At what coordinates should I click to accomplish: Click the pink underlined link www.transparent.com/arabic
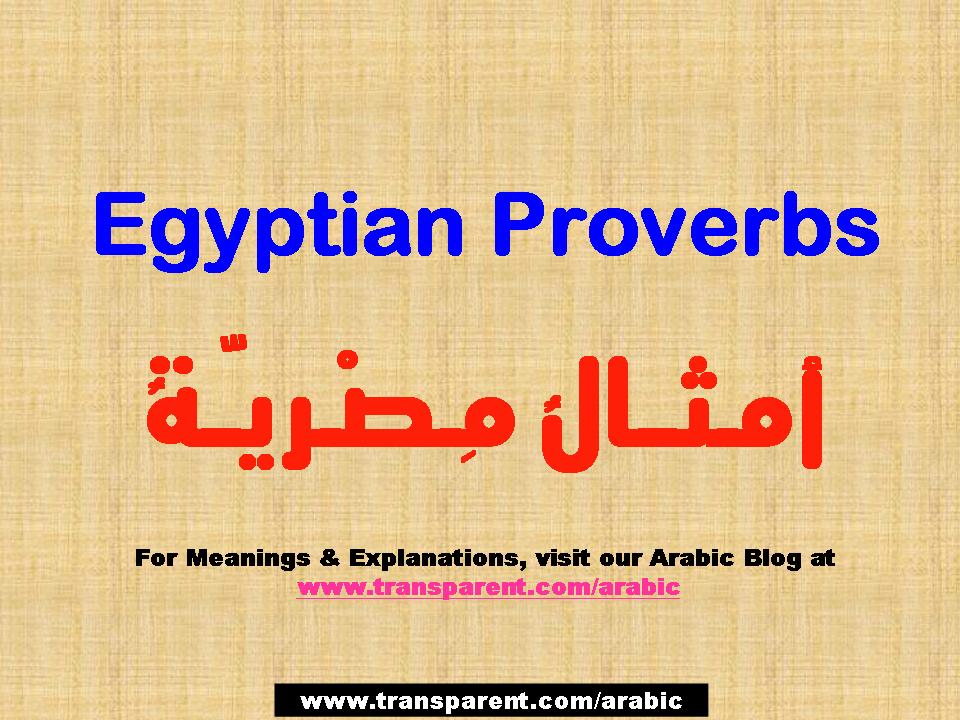point(489,588)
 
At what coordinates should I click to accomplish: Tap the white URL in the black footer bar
point(491,699)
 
